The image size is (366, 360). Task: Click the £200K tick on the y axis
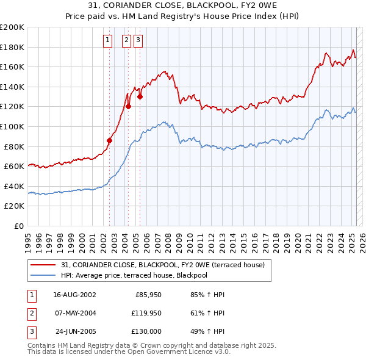coord(12,27)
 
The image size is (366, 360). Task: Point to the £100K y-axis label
coord(12,126)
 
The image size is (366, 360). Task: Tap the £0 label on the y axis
coord(19,226)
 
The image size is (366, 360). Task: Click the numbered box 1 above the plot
coord(108,41)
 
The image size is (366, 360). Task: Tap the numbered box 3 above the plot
coord(138,41)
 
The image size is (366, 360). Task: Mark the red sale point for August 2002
coord(110,140)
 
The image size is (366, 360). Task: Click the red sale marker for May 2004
coord(129,107)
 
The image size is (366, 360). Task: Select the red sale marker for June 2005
coord(140,96)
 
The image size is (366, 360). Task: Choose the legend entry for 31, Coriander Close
coord(162,265)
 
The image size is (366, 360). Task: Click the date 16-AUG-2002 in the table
coord(74,294)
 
